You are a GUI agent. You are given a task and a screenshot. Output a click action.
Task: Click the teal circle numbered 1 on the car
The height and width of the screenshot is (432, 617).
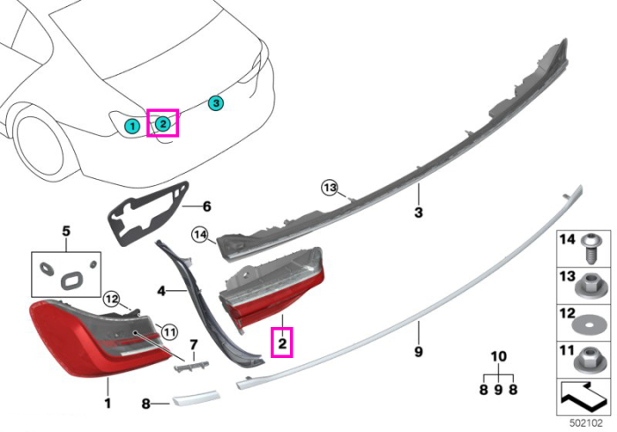coord(132,126)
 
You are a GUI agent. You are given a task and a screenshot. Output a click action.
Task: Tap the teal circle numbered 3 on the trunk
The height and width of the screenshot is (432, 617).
coord(216,103)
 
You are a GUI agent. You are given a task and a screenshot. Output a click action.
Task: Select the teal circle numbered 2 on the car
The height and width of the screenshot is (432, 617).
coord(162,124)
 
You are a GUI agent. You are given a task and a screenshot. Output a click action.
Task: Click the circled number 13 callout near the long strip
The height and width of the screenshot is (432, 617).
coord(330,188)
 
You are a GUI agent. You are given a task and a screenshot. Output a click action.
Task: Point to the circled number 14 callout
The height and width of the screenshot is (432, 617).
coord(200,235)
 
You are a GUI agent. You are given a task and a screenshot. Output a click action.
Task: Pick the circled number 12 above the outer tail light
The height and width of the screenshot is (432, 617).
coord(112,300)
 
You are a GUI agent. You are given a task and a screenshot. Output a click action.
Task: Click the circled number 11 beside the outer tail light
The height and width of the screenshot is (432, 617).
coord(169,332)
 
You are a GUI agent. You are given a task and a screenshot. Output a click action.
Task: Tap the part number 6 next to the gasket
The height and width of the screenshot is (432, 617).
coord(207,206)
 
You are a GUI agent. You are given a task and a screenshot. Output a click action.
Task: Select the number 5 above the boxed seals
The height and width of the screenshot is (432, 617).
coord(66,231)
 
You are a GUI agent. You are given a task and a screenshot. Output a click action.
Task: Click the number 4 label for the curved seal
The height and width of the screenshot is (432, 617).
coord(161,291)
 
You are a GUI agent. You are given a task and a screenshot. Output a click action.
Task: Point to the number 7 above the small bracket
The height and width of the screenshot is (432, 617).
coord(194,345)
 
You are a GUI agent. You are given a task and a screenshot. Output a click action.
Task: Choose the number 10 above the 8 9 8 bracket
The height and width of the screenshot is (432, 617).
coord(499,356)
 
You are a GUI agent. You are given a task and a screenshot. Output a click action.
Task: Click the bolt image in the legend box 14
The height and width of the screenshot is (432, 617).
coord(589,249)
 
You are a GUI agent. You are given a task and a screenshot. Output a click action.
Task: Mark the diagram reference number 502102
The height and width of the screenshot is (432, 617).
coord(586,423)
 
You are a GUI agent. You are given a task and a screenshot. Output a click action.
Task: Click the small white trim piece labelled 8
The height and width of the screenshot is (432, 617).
coord(195,398)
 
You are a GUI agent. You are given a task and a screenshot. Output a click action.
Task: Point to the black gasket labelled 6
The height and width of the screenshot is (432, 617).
coord(147,213)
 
